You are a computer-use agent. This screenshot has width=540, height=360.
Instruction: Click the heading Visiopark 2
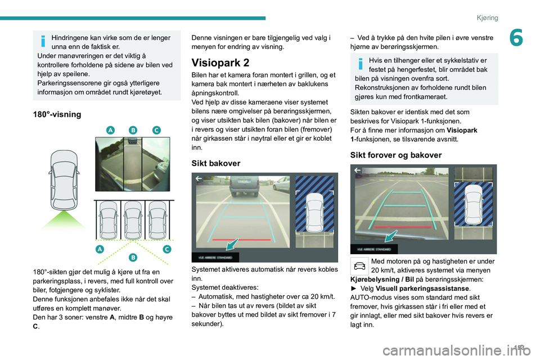tap(221, 62)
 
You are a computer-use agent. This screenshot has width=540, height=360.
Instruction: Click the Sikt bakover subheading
tap(216, 163)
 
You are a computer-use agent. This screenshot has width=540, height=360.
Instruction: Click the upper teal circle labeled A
tap(110, 130)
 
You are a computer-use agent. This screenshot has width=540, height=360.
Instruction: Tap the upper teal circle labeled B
tap(133, 130)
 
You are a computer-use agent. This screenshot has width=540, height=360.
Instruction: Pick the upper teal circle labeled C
tap(156, 130)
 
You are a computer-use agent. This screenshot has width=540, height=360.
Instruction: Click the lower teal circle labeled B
tap(133, 257)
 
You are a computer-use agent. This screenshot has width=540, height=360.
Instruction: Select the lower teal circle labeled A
tap(100, 249)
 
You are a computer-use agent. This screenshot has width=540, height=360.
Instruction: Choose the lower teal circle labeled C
tap(166, 249)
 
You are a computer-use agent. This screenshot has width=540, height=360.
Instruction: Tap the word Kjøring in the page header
tap(487, 17)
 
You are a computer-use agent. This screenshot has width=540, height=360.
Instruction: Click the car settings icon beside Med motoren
tap(359, 264)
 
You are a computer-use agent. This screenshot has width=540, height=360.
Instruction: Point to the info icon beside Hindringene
tap(43, 42)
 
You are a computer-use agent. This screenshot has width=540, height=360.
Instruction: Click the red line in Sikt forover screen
tap(404, 227)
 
